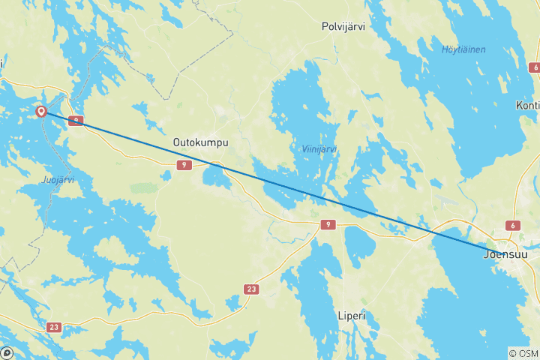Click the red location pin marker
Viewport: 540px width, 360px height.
(x=41, y=112)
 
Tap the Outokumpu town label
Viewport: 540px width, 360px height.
(x=200, y=142)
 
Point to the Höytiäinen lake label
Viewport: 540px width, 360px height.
(x=463, y=49)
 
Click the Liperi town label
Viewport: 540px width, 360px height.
(x=351, y=316)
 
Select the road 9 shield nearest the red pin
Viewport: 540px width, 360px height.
(x=75, y=120)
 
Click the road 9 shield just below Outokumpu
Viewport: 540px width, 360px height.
(x=183, y=164)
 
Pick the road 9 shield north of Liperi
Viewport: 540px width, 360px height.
(x=328, y=224)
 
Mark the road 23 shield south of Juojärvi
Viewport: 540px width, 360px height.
(x=54, y=327)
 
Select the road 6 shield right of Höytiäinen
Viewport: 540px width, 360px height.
(x=534, y=67)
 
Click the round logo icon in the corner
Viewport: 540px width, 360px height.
(x=7, y=352)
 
